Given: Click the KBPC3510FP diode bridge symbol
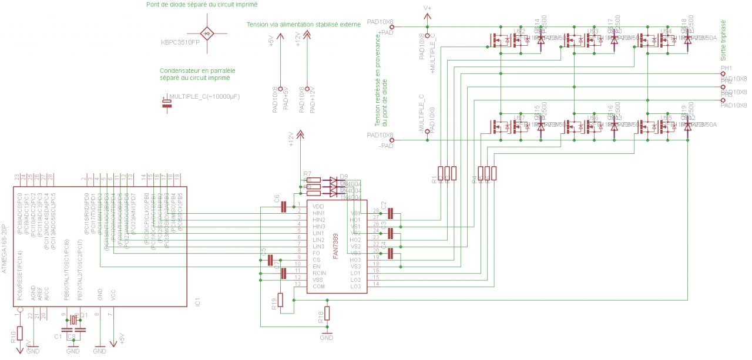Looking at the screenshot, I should click(206, 32).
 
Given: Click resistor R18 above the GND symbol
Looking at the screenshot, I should click(327, 314).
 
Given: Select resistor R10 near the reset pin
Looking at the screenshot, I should click(19, 333).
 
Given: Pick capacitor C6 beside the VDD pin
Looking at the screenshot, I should click(284, 206).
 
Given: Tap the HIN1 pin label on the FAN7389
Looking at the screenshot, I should click(318, 213).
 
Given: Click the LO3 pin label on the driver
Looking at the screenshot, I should click(355, 286).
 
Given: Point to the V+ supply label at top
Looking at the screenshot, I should click(428, 8).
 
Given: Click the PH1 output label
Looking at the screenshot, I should click(726, 69).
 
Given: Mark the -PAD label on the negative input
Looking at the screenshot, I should click(385, 145).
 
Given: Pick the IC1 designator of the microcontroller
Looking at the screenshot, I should click(197, 303).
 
